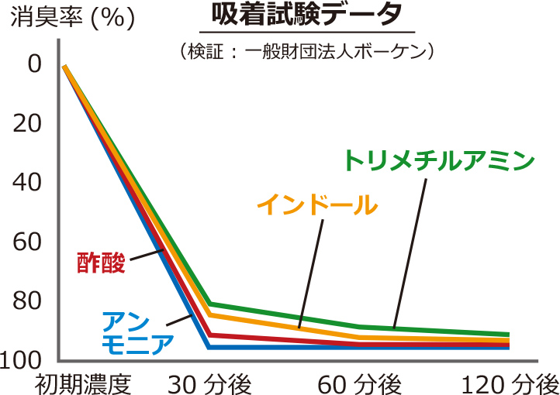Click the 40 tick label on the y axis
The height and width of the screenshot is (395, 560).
coord(29,183)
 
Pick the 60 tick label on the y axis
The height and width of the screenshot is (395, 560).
coord(29,242)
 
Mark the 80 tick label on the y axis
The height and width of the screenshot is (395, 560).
coord(29,301)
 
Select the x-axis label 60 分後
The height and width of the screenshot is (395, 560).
coord(359,383)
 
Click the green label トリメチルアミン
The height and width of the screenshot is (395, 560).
coord(440,160)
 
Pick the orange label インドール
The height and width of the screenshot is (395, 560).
coord(317,206)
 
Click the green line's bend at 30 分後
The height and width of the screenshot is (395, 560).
coord(210,303)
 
